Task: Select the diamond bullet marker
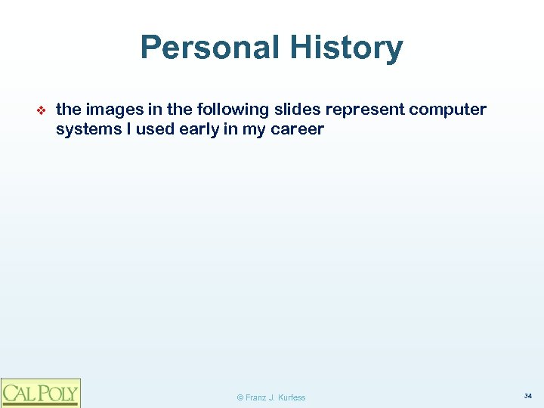click(42, 110)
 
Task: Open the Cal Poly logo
click(40, 392)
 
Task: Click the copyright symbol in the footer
click(240, 397)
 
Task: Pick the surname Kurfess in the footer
click(292, 397)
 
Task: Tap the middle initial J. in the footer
click(274, 397)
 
